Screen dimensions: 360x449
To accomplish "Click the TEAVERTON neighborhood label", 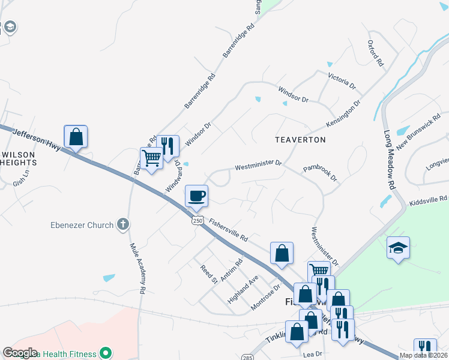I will [300, 140].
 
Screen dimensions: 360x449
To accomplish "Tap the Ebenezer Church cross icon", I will [122, 225].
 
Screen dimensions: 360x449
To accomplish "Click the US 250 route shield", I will [198, 221].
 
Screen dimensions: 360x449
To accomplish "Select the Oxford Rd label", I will [375, 53].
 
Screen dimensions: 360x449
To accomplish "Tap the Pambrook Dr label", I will [320, 174].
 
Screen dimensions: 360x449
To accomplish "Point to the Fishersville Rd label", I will [228, 229].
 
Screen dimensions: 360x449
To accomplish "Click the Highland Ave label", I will [243, 289].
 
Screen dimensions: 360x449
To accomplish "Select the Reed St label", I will [208, 275].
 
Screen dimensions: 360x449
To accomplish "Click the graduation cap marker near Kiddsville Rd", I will [398, 248].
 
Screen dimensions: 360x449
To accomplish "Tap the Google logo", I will [20, 353].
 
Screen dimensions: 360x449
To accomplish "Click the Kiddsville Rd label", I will [429, 199].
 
